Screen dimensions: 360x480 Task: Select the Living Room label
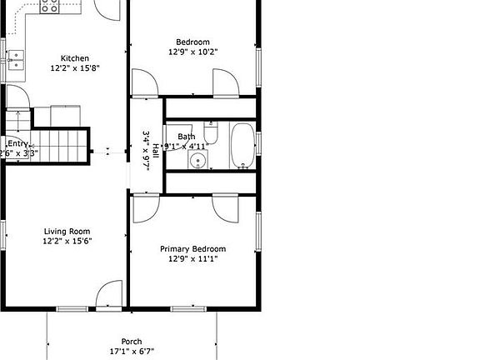67,232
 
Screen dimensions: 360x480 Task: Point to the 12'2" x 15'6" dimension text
67,242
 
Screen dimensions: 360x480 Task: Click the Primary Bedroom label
192,249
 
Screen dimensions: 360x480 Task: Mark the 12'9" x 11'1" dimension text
192,259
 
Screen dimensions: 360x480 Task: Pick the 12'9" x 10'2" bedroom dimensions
192,52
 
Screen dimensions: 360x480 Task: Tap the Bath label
186,136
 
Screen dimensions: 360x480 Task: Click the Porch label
132,342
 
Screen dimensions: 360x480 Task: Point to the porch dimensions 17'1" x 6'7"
132,352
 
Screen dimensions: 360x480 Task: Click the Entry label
17,143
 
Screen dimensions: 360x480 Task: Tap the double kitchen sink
16,58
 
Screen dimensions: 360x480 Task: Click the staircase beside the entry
62,146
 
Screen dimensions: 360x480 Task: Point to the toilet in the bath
211,135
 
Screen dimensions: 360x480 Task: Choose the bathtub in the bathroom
242,145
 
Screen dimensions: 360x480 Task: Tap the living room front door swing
108,296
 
